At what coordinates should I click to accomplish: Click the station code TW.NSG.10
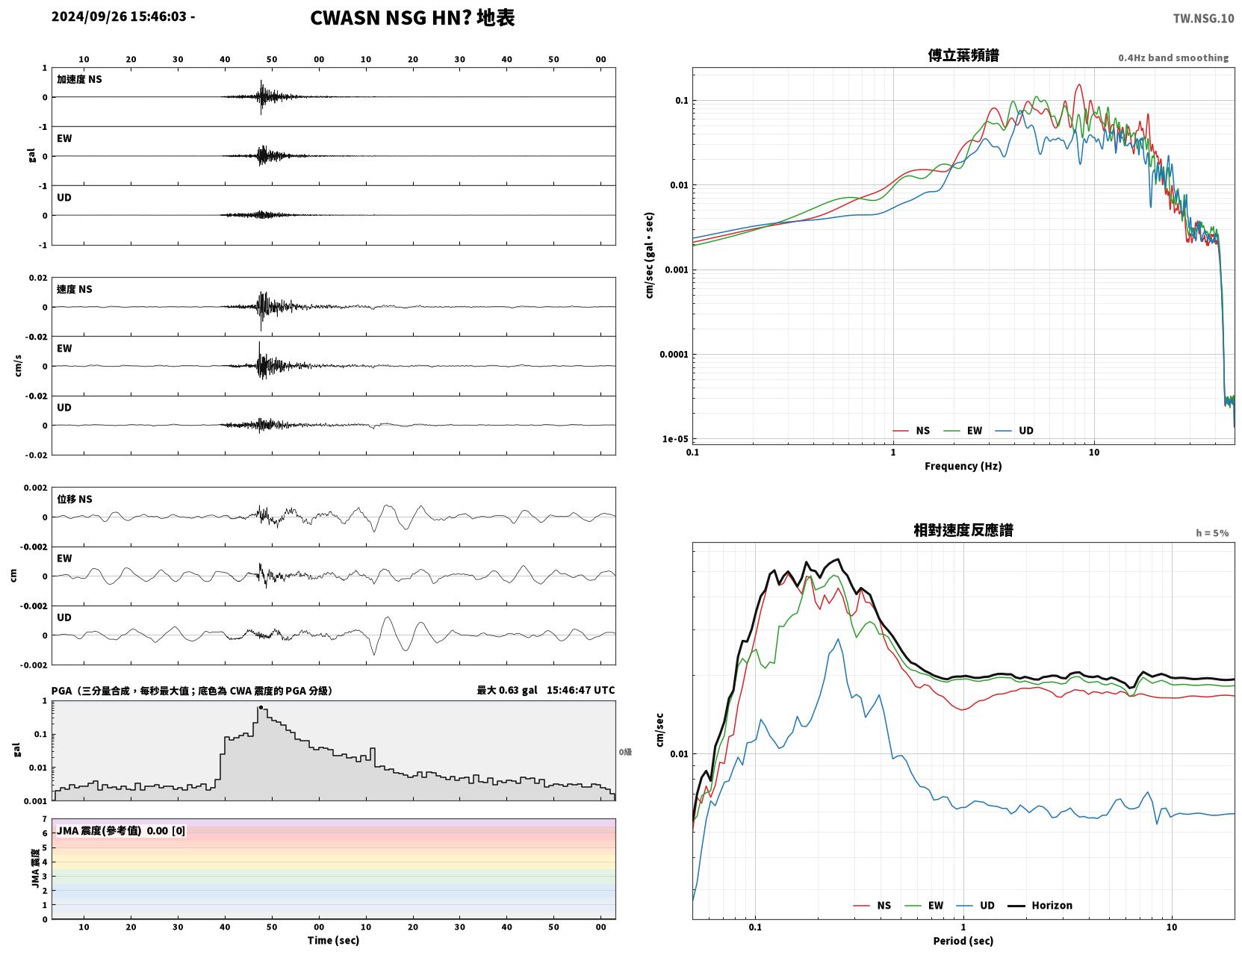point(1203,18)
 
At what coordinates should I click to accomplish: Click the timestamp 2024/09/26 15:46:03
point(119,16)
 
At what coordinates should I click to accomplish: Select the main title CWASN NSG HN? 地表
point(412,18)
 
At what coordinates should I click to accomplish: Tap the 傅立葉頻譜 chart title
point(963,55)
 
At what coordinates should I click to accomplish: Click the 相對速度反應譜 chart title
point(963,530)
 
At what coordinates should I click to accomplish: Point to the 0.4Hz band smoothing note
point(1173,57)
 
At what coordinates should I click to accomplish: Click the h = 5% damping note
point(1211,533)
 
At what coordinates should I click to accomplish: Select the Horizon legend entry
point(1040,905)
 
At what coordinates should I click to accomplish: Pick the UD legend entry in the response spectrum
point(975,905)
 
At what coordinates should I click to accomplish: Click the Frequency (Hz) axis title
point(963,466)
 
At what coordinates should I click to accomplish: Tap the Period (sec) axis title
point(963,941)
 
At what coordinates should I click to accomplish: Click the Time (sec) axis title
point(333,940)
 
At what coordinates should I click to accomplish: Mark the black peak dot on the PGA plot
point(261,708)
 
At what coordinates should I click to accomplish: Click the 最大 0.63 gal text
point(507,690)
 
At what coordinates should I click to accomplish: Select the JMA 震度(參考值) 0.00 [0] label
point(120,830)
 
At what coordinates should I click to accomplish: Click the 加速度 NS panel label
point(79,79)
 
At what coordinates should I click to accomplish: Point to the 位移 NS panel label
point(74,499)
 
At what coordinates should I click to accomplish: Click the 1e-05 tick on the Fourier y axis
point(675,438)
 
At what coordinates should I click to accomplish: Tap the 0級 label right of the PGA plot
point(625,752)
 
